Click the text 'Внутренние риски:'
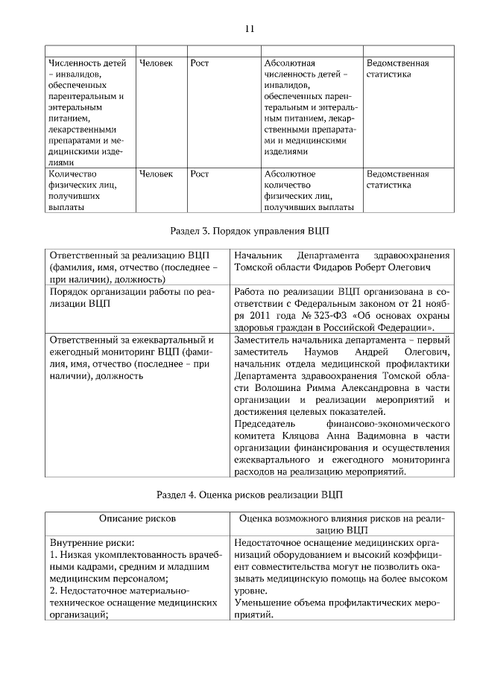point(91,543)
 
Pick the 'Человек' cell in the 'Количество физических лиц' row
point(155,174)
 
